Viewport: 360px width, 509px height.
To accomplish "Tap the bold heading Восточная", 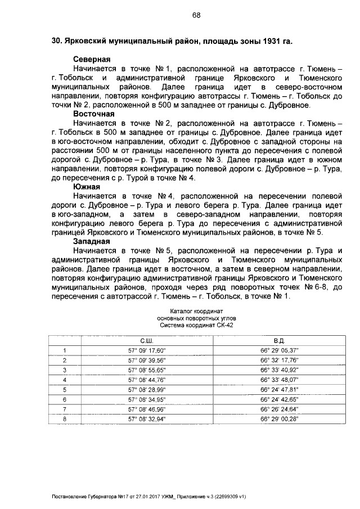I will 93,114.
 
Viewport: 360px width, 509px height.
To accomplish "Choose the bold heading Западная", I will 92,241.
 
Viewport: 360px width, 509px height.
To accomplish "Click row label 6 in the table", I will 65,399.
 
